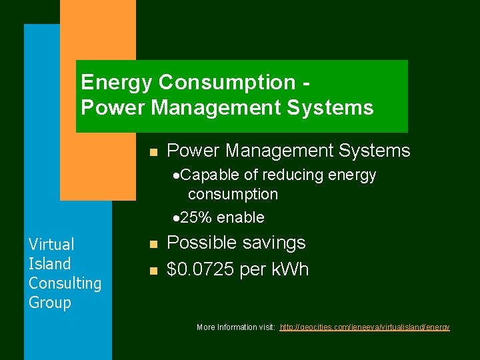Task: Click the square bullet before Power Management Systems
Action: [153, 152]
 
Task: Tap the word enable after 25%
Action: [241, 217]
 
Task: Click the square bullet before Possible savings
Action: [153, 245]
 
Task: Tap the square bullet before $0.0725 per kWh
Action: [153, 271]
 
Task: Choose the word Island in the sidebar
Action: [49, 264]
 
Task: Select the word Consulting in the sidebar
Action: [65, 283]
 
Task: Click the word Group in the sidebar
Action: [49, 303]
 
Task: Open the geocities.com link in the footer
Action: [365, 327]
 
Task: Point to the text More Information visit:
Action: [236, 327]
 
